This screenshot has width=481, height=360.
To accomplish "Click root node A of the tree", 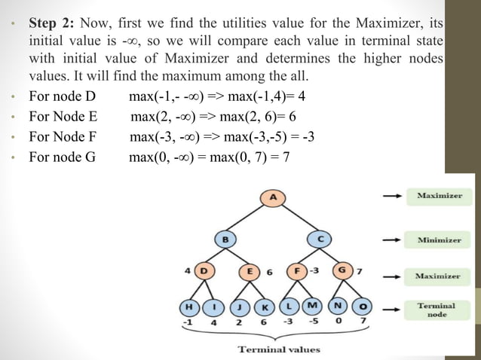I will click(272, 197).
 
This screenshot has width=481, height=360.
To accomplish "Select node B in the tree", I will click(225, 239).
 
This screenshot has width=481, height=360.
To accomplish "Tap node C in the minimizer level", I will click(320, 239).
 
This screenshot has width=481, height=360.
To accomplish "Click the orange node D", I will click(204, 270).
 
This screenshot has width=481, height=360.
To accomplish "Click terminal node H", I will click(187, 307).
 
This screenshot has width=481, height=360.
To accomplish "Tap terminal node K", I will click(265, 307).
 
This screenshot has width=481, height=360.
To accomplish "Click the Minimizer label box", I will click(439, 240).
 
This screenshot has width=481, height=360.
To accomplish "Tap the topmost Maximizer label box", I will click(439, 196).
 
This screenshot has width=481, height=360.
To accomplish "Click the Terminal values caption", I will click(279, 349).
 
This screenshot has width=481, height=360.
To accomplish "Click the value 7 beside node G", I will click(359, 270).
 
